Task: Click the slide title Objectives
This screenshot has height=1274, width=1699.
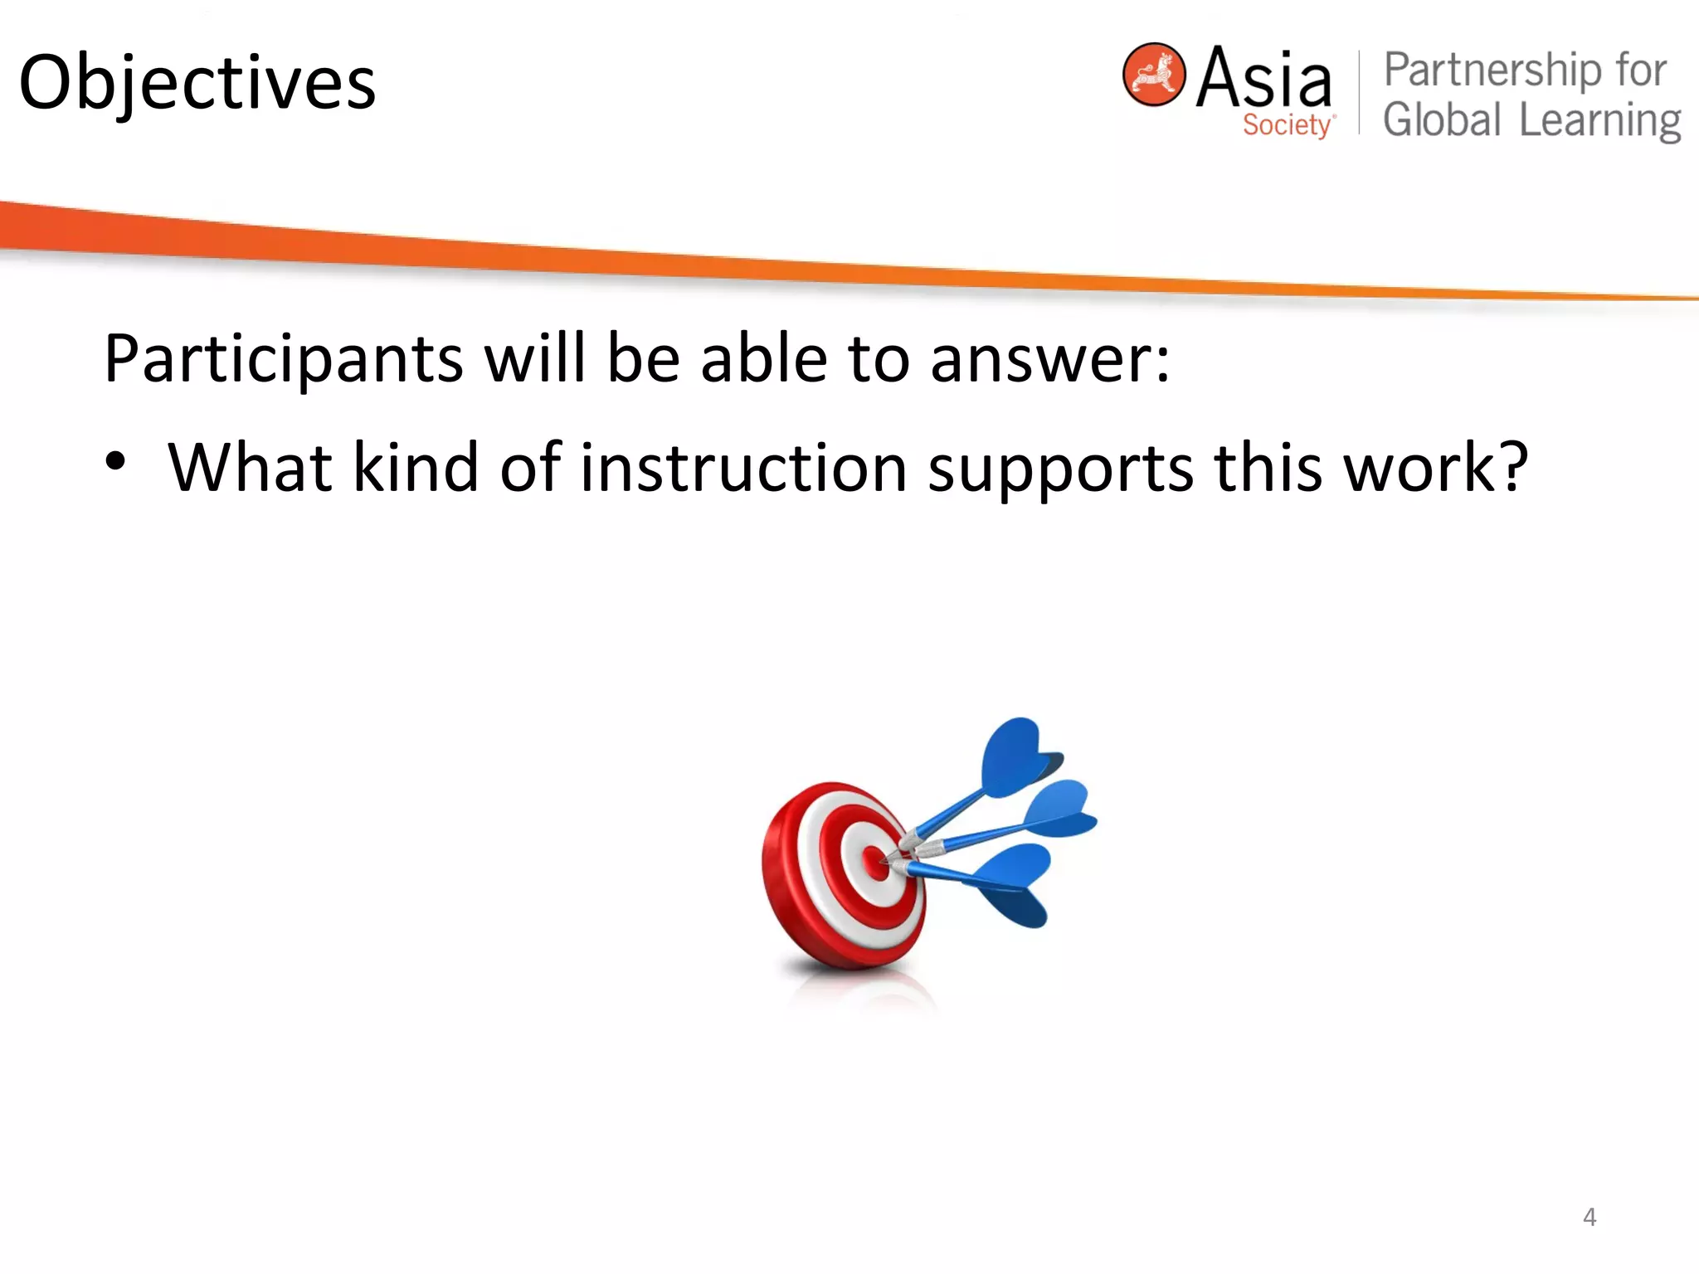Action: coord(197,83)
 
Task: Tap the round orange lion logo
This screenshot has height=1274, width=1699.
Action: coord(1153,75)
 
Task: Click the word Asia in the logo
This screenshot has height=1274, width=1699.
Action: coord(1263,78)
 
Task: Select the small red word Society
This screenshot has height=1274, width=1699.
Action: coord(1287,125)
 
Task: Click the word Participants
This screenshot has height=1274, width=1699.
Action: coord(283,359)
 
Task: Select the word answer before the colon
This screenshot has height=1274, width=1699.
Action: coord(1040,359)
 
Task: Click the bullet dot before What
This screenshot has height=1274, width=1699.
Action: coord(116,461)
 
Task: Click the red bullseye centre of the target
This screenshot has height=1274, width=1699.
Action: coord(875,863)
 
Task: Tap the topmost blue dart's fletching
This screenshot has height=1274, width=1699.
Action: coord(1016,755)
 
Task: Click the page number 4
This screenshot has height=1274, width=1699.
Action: coord(1589,1217)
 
